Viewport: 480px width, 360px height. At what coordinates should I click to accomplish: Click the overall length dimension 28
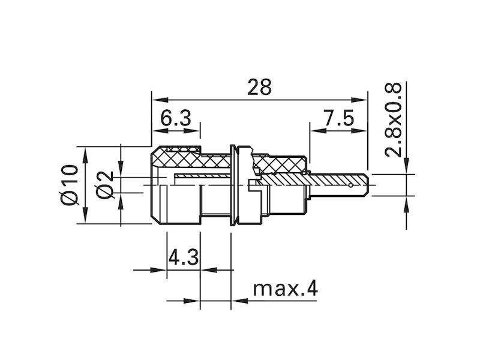pyautogui.click(x=259, y=88)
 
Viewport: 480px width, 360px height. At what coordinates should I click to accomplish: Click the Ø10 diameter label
pyautogui.click(x=70, y=185)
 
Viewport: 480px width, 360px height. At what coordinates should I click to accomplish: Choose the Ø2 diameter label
pyautogui.click(x=106, y=185)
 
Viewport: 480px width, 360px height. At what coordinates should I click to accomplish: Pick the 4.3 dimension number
pyautogui.click(x=182, y=259)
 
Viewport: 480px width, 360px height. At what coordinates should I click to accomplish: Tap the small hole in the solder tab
pyautogui.click(x=350, y=185)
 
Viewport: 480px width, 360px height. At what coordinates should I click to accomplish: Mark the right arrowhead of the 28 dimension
pyautogui.click(x=363, y=100)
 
